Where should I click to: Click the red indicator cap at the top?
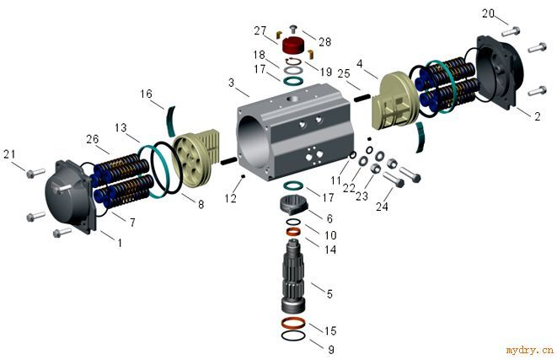pyautogui.click(x=293, y=46)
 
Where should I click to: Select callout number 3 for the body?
pyautogui.click(x=231, y=83)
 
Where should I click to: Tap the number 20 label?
pyautogui.click(x=488, y=13)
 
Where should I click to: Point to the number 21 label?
pyautogui.click(x=9, y=154)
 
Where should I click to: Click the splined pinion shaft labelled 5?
pyautogui.click(x=293, y=276)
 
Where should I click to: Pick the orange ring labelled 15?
pyautogui.click(x=293, y=323)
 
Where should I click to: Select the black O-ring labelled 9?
pyautogui.click(x=293, y=335)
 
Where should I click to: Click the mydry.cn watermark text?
pyautogui.click(x=530, y=351)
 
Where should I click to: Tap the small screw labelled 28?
pyautogui.click(x=293, y=29)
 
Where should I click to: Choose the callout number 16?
pyautogui.click(x=146, y=94)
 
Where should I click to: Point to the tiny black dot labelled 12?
pyautogui.click(x=243, y=176)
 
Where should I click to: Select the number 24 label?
pyautogui.click(x=382, y=206)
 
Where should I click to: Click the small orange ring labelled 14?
pyautogui.click(x=293, y=233)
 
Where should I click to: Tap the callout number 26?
pyautogui.click(x=93, y=139)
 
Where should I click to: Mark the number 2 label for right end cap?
pyautogui.click(x=537, y=116)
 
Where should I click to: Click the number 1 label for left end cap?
pyautogui.click(x=120, y=243)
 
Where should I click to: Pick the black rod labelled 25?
pyautogui.click(x=362, y=97)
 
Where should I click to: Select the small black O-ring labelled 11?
pyautogui.click(x=353, y=154)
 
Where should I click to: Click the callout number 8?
pyautogui.click(x=201, y=204)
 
